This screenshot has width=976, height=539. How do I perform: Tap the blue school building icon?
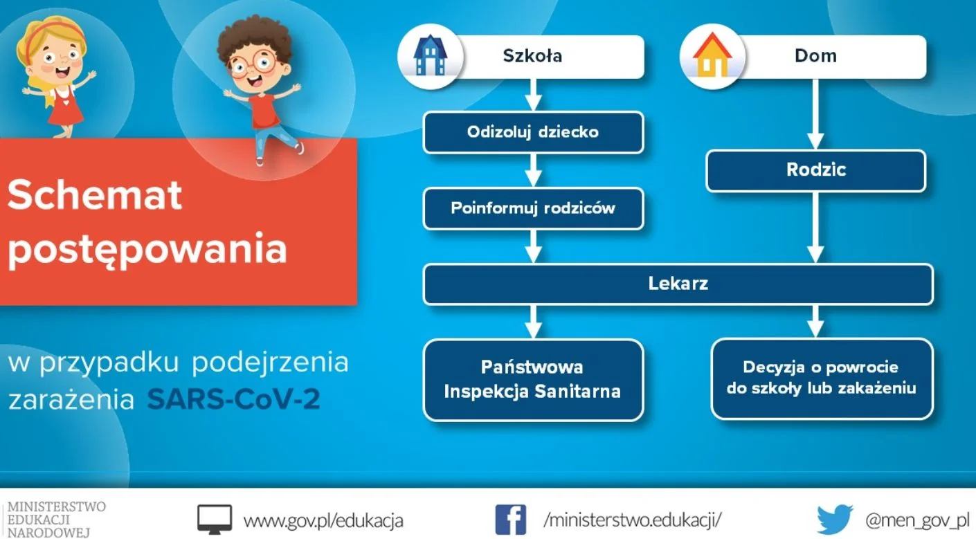(430, 55)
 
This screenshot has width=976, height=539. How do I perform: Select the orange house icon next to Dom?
(712, 55)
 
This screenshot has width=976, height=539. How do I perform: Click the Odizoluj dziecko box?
(533, 132)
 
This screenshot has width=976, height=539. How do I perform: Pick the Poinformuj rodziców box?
(533, 208)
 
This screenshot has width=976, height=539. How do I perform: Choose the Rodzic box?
(815, 170)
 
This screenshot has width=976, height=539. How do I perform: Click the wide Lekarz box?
(678, 284)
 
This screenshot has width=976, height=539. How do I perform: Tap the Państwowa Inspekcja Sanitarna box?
(533, 380)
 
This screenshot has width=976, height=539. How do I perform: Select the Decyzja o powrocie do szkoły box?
(822, 378)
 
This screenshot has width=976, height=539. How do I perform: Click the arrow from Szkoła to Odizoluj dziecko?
(533, 95)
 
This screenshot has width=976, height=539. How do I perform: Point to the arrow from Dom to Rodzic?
(815, 114)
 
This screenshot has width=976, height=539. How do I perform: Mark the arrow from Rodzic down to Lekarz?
(815, 227)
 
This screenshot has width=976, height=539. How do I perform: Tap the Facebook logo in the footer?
(510, 520)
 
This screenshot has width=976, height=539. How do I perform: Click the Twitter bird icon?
(835, 519)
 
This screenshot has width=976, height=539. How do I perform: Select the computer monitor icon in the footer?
(215, 520)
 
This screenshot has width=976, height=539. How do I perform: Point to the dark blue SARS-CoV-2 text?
(233, 399)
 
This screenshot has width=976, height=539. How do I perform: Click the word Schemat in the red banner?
(95, 195)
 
